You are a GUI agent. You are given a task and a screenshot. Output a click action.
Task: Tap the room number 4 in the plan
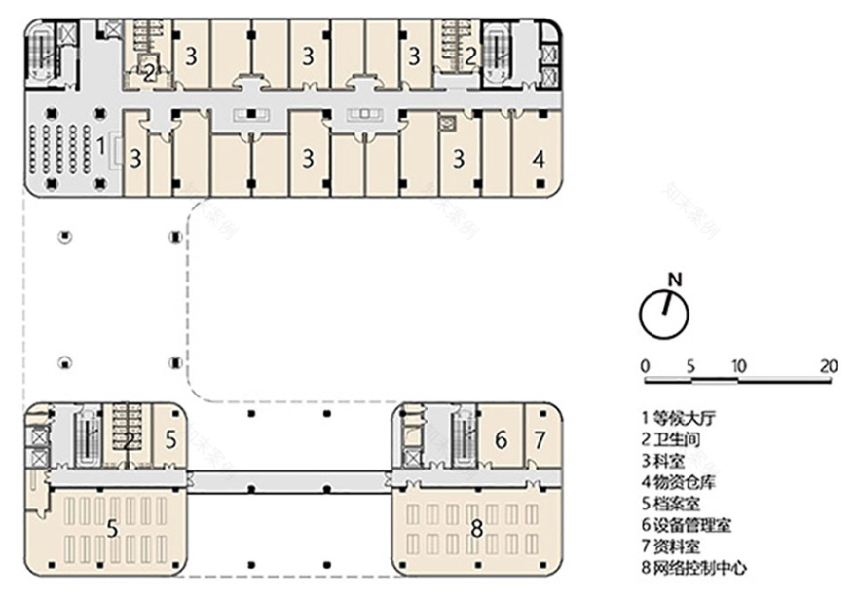click(538, 156)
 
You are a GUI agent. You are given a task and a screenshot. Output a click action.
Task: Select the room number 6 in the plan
click(501, 440)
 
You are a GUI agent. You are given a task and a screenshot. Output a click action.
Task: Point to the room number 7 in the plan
click(540, 440)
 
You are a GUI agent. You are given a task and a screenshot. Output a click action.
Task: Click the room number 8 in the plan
click(476, 529)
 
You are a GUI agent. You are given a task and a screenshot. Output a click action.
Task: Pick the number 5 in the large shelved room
click(113, 530)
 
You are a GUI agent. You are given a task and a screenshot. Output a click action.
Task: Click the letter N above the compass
click(675, 280)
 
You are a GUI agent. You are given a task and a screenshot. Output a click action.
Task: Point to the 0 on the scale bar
click(645, 366)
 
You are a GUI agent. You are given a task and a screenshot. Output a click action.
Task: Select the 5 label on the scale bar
click(690, 366)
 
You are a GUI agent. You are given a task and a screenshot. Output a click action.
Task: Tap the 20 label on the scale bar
click(829, 366)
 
